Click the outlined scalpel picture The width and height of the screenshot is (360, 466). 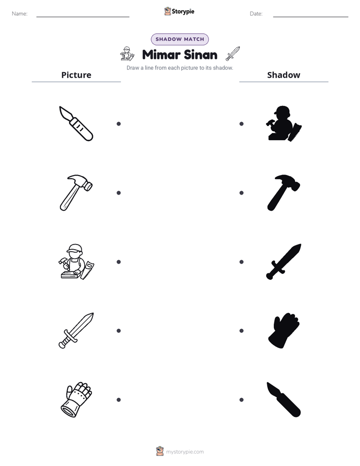pyautogui.click(x=76, y=124)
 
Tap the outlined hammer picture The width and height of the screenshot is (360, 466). pyautogui.click(x=76, y=193)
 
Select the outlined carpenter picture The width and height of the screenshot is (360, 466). pyautogui.click(x=76, y=262)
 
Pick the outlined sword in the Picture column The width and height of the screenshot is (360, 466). pyautogui.click(x=76, y=330)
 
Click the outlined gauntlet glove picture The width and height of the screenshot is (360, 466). pyautogui.click(x=76, y=400)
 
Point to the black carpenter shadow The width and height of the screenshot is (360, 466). pyautogui.click(x=284, y=124)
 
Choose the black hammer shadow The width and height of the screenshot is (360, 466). pyautogui.click(x=284, y=193)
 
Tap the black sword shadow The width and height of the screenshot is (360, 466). pyautogui.click(x=284, y=262)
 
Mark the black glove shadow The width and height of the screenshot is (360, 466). pyautogui.click(x=284, y=330)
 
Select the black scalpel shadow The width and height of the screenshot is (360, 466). pyautogui.click(x=284, y=400)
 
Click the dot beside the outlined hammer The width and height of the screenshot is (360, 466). pyautogui.click(x=118, y=193)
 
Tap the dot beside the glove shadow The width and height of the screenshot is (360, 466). pyautogui.click(x=242, y=331)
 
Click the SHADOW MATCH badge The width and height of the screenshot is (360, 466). pyautogui.click(x=179, y=39)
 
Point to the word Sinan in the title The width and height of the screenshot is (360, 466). pyautogui.click(x=201, y=54)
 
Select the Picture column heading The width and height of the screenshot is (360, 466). pyautogui.click(x=76, y=75)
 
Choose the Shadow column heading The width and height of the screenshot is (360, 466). pyautogui.click(x=284, y=75)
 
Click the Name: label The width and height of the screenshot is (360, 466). pyautogui.click(x=20, y=14)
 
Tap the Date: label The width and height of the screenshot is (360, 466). pyautogui.click(x=256, y=14)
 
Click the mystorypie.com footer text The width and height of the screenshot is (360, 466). pyautogui.click(x=185, y=452)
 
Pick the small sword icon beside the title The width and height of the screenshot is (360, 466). pyautogui.click(x=232, y=53)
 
